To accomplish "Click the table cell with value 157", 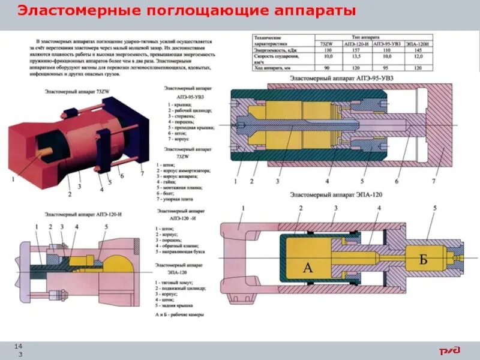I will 355,50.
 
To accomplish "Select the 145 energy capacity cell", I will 417,50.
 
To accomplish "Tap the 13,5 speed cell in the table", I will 355,56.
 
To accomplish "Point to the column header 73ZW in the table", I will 327,44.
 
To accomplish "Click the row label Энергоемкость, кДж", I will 275,50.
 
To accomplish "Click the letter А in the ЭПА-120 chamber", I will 308,268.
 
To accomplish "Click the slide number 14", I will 19,347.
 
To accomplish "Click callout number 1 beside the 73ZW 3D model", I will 13,179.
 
